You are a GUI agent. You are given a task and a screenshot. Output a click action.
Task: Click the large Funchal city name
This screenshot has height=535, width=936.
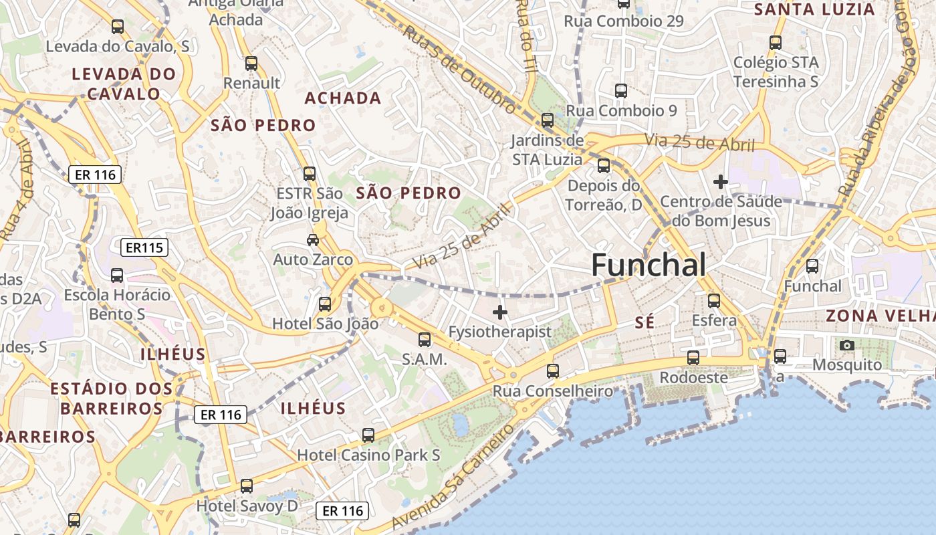[x=649, y=265]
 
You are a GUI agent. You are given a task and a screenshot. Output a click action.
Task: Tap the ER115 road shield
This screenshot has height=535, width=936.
[x=144, y=248]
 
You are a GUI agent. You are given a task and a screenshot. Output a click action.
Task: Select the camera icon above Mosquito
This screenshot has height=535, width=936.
[x=847, y=345]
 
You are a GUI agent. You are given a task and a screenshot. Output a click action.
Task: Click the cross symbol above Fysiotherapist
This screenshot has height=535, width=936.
[x=499, y=312]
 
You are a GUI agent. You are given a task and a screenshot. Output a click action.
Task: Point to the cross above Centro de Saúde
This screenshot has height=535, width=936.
[x=720, y=181]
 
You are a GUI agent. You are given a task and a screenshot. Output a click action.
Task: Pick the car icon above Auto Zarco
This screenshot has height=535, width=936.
[x=312, y=239]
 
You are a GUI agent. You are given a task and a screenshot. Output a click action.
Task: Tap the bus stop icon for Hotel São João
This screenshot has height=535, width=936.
[x=325, y=304]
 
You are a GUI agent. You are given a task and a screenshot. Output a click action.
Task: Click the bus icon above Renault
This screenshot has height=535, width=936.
[x=251, y=64]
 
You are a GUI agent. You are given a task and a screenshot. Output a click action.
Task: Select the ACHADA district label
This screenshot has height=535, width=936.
[x=343, y=98]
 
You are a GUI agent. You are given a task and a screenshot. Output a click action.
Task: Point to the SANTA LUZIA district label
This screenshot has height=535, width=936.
[x=814, y=9]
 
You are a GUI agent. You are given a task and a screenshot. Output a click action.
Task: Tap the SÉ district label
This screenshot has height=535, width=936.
[x=645, y=322]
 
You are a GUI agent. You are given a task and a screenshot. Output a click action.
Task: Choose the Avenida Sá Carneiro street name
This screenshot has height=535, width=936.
[x=455, y=477]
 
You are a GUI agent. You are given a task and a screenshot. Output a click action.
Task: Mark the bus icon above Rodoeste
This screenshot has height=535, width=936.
[x=693, y=358]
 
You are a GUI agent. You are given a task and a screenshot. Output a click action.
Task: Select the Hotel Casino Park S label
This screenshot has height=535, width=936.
[x=368, y=455]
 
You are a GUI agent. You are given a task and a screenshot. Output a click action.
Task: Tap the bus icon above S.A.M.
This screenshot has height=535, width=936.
[x=425, y=340]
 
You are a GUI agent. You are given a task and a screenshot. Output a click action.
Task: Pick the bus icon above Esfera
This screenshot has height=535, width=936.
[x=714, y=301]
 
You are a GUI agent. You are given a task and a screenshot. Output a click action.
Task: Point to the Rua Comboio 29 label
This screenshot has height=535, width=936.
[x=624, y=21]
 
